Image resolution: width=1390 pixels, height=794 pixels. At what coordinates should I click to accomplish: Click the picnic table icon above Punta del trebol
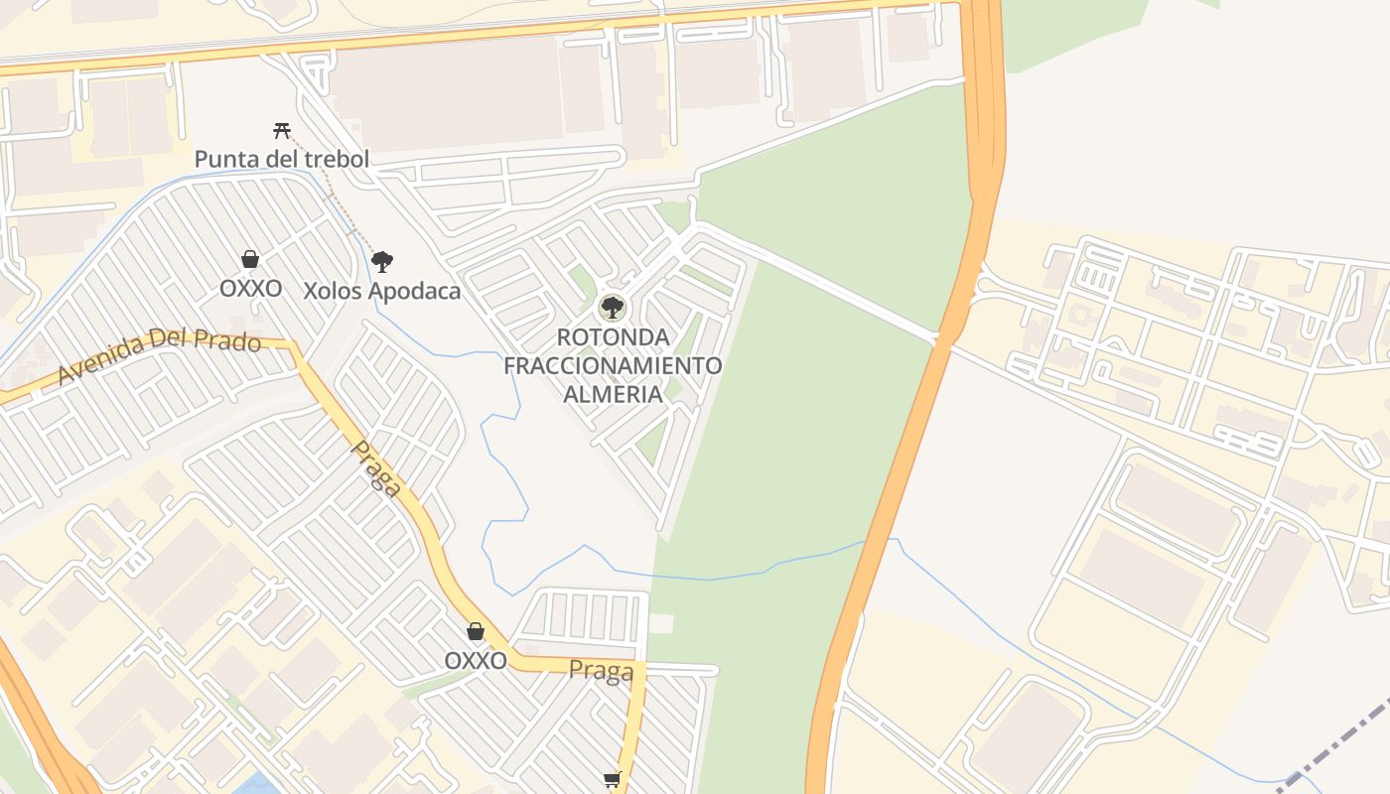(x=281, y=130)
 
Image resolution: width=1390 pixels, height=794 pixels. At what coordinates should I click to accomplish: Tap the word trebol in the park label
(x=336, y=159)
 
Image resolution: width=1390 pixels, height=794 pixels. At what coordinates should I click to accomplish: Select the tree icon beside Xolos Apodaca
(x=381, y=262)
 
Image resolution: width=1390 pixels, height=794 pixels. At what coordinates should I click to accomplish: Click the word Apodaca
(x=414, y=292)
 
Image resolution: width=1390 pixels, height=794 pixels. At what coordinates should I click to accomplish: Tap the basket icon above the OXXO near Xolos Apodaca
(x=250, y=259)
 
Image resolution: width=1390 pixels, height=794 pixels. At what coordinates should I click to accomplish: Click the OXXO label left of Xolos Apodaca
(x=250, y=289)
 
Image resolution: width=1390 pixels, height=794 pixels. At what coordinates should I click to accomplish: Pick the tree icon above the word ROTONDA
(x=613, y=307)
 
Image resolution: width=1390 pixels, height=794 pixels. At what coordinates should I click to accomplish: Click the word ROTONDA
(x=613, y=337)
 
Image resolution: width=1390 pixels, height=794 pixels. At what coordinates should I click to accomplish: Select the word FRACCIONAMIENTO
(x=613, y=365)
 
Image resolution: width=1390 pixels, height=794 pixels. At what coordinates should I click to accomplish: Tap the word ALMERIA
(x=613, y=394)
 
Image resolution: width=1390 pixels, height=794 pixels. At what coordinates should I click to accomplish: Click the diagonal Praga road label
(x=377, y=468)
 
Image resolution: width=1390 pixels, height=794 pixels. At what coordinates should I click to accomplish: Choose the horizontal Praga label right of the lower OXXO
(x=601, y=672)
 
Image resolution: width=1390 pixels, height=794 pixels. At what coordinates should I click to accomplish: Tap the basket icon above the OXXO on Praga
(x=476, y=631)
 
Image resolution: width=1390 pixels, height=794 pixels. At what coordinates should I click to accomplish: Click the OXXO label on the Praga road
(x=476, y=661)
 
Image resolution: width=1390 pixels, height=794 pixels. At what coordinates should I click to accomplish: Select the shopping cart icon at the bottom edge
(x=612, y=780)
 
